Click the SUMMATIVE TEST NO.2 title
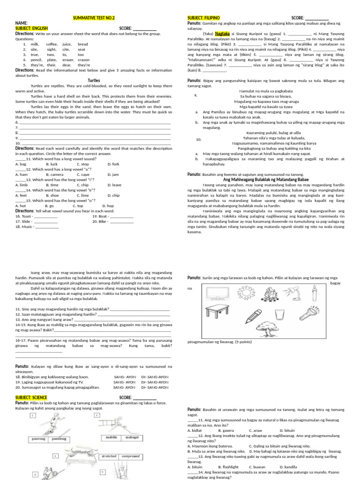pos(94,18)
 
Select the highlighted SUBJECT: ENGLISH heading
pos(35,28)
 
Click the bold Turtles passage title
pos(94,81)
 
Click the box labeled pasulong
pos(59,439)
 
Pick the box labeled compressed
pos(130,456)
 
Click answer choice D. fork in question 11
pos(113,164)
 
